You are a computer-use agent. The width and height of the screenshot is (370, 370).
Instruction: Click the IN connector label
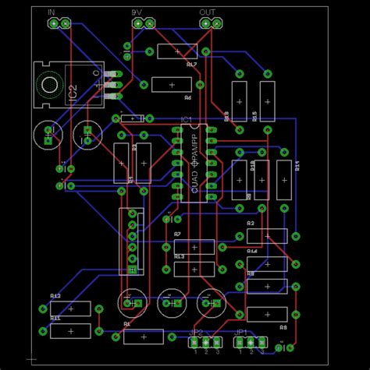(52, 13)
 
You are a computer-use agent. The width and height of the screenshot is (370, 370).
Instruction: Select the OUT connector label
(207, 13)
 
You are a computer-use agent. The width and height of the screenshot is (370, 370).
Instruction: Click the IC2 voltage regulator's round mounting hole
(50, 83)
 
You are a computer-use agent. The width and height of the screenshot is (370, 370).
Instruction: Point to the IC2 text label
(73, 93)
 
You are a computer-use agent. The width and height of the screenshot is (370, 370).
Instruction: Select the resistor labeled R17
(178, 51)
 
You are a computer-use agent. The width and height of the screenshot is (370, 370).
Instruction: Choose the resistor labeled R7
(194, 247)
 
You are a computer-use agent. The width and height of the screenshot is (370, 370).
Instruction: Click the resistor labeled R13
(194, 269)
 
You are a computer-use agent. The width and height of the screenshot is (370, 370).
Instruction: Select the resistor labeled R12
(70, 308)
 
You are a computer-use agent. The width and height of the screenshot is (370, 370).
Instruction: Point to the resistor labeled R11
(70, 331)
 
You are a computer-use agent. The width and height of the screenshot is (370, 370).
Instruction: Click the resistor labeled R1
(144, 337)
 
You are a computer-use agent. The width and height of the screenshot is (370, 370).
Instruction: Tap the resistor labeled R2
(265, 236)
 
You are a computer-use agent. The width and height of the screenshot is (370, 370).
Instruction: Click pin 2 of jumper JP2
(206, 342)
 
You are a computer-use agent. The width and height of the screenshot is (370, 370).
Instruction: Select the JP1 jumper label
(241, 332)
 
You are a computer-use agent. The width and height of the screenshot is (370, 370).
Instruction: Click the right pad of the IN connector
(65, 24)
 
